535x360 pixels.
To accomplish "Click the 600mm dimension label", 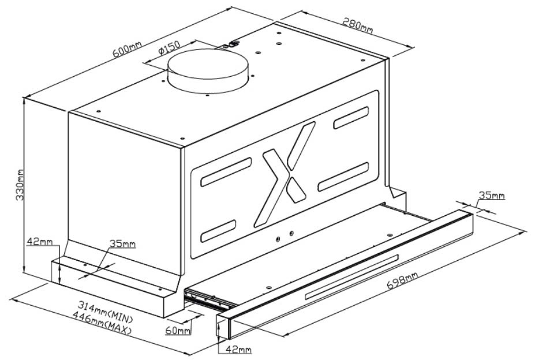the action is click(x=128, y=50).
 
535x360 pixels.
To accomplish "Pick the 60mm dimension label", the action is click(x=177, y=331).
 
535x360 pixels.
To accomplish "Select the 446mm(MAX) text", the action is click(x=102, y=324).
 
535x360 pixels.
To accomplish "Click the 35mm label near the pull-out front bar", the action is click(x=491, y=196).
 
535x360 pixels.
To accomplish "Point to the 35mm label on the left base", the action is click(x=122, y=244).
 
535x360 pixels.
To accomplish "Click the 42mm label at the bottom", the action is click(x=238, y=350).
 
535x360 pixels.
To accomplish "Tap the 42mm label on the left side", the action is click(x=40, y=242).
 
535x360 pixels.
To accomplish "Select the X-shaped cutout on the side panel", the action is click(x=284, y=174).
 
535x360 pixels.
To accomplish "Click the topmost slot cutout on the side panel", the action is click(x=351, y=118).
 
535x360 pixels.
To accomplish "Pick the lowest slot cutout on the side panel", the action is click(x=218, y=231).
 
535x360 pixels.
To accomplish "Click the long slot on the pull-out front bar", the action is click(x=352, y=277).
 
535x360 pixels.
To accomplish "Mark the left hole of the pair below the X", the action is click(x=278, y=238).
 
